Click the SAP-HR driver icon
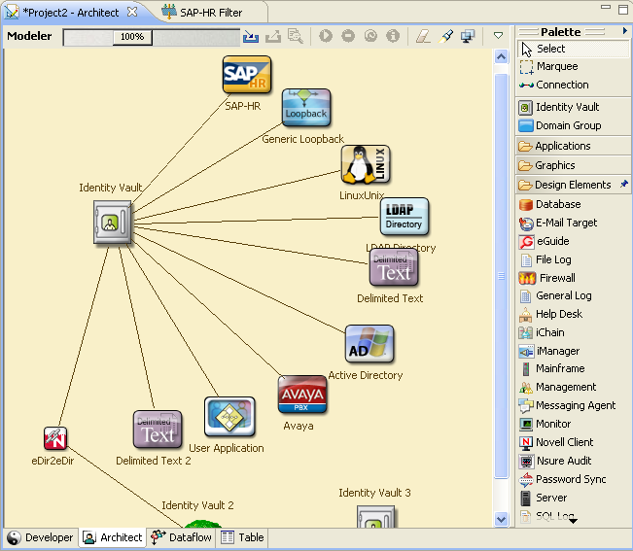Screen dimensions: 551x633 [247, 75]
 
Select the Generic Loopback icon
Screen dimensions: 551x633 [306, 109]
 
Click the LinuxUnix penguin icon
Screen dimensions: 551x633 [366, 165]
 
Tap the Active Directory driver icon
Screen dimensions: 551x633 [369, 344]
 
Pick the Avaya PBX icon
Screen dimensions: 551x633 [302, 396]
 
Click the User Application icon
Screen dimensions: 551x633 [229, 417]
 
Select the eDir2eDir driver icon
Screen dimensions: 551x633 [55, 438]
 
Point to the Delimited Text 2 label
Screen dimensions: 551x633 [153, 461]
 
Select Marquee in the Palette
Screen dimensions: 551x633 [556, 66]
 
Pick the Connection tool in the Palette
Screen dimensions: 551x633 [562, 85]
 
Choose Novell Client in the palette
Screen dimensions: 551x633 [564, 442]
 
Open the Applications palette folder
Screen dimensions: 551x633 [562, 146]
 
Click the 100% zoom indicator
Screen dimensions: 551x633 [132, 37]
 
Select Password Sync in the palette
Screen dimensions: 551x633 [570, 479]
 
